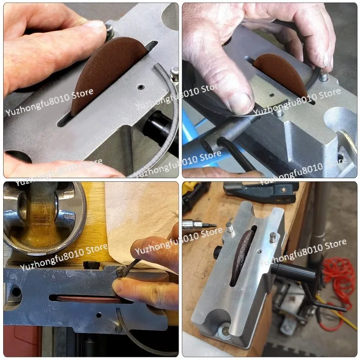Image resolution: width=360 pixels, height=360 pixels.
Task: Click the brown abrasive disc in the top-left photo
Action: tap(106, 72)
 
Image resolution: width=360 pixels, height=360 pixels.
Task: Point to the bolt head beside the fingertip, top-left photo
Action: tap(109, 31)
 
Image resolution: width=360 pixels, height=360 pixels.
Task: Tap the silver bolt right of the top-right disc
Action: tap(323, 77)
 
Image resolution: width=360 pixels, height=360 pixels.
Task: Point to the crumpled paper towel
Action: tap(135, 216)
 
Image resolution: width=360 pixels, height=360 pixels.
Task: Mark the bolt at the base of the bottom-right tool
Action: tap(224, 332)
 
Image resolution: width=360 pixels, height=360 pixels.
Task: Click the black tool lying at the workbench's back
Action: tap(261, 191)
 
